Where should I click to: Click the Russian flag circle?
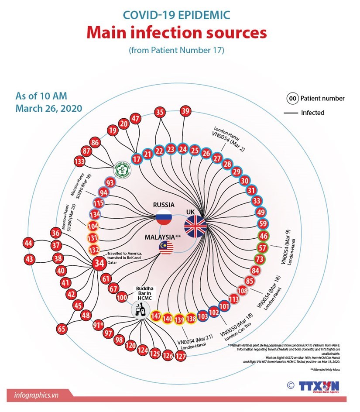tap(164, 216)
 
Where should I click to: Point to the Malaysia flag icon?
tap(166, 247)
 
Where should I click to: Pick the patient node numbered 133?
tap(79, 162)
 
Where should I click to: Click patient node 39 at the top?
tap(185, 111)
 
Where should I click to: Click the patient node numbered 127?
tap(181, 357)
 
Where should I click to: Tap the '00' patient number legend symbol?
tap(292, 98)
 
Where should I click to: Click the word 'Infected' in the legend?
tap(312, 113)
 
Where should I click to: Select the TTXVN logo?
tap(319, 386)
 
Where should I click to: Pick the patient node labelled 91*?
tap(98, 325)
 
